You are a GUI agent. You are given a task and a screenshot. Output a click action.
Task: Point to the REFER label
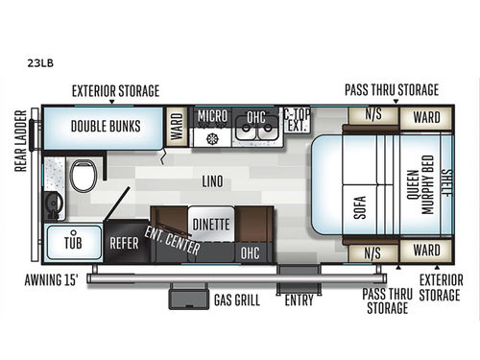click(124, 244)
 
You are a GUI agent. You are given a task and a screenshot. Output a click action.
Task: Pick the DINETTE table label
click(210, 225)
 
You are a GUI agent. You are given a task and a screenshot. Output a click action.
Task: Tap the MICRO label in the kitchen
click(212, 117)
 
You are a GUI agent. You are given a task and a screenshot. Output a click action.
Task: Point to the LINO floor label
click(212, 180)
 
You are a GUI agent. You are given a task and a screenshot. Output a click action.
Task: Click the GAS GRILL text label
click(235, 300)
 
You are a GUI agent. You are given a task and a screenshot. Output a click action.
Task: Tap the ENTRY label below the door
click(299, 300)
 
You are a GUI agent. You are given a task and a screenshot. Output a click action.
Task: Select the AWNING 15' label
click(52, 282)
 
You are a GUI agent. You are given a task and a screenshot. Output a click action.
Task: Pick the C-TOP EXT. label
click(299, 120)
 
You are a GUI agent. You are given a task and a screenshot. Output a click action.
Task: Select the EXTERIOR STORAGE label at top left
click(115, 90)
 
